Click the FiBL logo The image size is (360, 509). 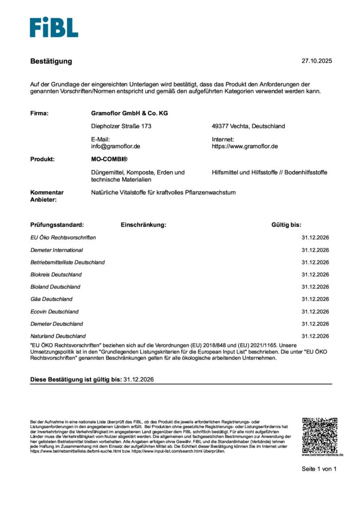tap(54, 27)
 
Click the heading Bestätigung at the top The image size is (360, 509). tap(51, 61)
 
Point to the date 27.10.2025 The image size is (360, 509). tap(316, 61)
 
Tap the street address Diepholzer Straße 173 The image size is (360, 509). tap(121, 126)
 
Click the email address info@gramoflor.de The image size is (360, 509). tap(116, 147)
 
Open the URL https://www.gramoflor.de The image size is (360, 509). tap(245, 147)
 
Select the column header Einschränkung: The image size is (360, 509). tap(143, 225)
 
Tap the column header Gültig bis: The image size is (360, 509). tap(286, 225)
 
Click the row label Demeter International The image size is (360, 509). tap(57, 250)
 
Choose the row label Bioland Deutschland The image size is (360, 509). tap(55, 287)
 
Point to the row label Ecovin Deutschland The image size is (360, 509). tap(54, 312)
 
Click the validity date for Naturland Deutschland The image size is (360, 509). tap(315, 336)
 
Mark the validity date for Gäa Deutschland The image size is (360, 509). tap(315, 299)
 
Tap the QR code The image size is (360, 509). tap(320, 434)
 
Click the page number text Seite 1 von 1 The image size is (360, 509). tap(319, 469)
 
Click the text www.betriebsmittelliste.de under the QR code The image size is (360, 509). tap(322, 455)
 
